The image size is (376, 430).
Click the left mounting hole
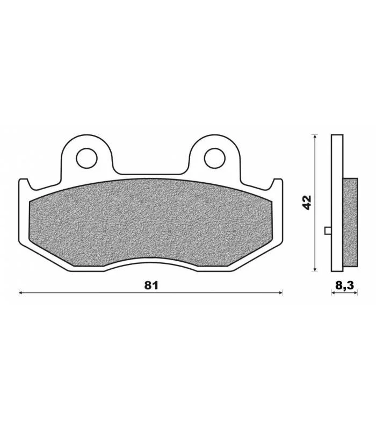pos(87,158)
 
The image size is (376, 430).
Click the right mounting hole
pos(215,158)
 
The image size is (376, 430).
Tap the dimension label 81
pos(151,285)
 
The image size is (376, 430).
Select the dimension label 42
pos(307,203)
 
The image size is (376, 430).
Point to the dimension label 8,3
pos(344,285)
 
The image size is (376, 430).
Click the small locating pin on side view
pos(328,231)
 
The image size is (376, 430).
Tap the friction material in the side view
pos(350,223)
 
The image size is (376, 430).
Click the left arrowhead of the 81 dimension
pos(20,293)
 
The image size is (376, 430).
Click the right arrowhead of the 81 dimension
pos(281,293)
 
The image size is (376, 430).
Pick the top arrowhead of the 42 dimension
pos(315,137)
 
